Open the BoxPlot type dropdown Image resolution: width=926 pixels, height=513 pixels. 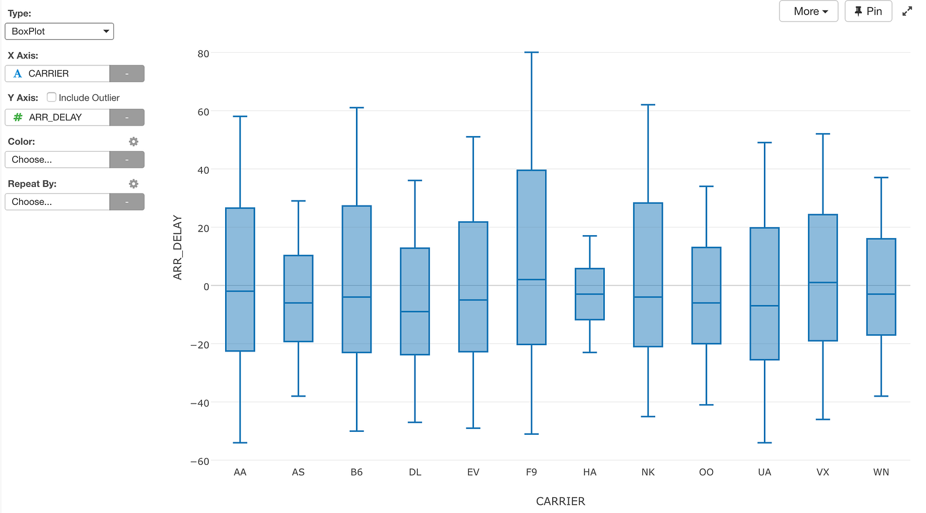click(59, 31)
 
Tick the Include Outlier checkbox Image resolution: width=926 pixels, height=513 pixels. click(52, 97)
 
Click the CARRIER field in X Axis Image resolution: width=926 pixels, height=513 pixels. click(57, 74)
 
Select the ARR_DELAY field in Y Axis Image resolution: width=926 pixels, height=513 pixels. click(57, 118)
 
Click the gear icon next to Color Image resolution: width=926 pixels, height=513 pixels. click(134, 141)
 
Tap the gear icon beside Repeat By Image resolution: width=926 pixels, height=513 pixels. click(134, 184)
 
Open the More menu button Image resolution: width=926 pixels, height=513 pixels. click(809, 11)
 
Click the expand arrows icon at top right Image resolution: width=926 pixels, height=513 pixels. click(907, 11)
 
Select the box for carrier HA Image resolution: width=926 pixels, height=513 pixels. click(590, 294)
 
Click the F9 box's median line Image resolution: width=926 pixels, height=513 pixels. click(532, 280)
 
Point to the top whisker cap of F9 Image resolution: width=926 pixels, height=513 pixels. click(532, 53)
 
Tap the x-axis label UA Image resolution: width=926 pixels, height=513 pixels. click(765, 472)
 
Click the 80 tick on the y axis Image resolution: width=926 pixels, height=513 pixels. click(203, 54)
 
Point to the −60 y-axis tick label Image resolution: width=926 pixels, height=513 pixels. click(200, 461)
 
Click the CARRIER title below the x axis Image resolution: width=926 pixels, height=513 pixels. click(561, 501)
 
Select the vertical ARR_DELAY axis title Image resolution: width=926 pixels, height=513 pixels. click(177, 247)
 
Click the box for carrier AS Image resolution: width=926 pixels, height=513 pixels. click(299, 299)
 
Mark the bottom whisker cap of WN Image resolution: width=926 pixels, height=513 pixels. click(881, 397)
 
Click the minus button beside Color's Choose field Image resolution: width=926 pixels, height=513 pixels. click(127, 160)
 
